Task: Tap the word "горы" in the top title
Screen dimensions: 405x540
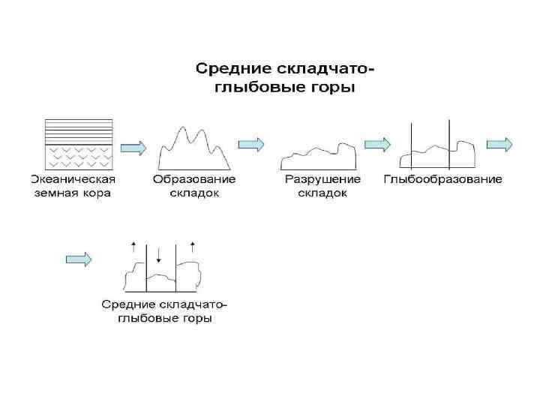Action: click(x=332, y=88)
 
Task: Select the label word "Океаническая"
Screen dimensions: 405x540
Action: click(x=73, y=180)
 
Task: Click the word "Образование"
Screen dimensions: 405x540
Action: click(x=194, y=180)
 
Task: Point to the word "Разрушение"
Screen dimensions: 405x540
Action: click(x=322, y=180)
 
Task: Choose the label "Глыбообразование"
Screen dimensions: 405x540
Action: click(x=442, y=180)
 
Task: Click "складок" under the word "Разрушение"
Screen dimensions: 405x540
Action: click(x=322, y=193)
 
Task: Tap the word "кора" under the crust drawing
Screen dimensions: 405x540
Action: click(x=95, y=193)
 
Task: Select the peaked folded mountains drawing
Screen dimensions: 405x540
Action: click(x=193, y=150)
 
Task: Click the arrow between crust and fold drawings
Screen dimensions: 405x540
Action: click(x=133, y=145)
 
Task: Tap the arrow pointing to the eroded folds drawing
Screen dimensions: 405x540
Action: click(x=251, y=143)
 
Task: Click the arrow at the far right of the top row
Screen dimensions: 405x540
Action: click(x=499, y=143)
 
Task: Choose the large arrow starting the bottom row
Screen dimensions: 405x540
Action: click(x=79, y=259)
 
